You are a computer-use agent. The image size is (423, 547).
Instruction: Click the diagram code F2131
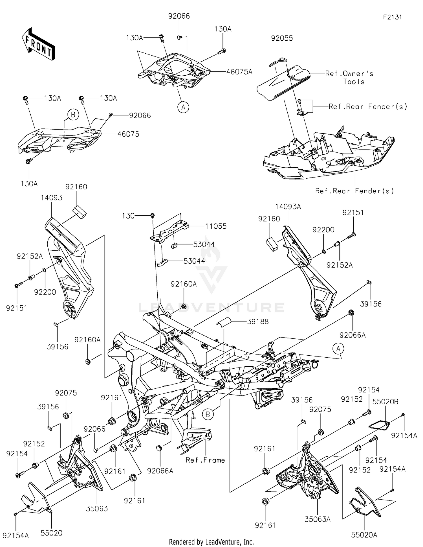(392, 17)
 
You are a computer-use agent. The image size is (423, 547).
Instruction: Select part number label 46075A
(239, 72)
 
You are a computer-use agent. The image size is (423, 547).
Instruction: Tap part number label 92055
(282, 38)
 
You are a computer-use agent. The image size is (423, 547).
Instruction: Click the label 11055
(216, 226)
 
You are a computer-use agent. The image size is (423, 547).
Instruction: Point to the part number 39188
(258, 321)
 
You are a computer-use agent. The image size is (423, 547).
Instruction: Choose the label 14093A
(288, 207)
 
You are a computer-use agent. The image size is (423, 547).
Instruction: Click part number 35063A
(317, 519)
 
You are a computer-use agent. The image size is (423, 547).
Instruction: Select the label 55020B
(385, 402)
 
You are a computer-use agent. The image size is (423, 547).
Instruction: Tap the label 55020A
(364, 535)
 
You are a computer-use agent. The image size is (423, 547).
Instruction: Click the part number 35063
(97, 508)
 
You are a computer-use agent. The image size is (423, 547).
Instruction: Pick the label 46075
(128, 134)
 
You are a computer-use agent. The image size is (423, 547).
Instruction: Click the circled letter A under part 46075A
(183, 107)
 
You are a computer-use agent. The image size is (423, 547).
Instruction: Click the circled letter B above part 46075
(73, 115)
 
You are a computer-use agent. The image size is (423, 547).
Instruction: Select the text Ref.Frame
(205, 460)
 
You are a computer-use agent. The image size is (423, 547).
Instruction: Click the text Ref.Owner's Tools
(349, 78)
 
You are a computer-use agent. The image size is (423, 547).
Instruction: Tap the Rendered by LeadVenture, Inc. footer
(211, 542)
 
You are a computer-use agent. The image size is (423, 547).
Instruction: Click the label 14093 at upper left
(51, 198)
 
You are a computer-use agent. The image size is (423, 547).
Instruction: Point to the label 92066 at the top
(179, 16)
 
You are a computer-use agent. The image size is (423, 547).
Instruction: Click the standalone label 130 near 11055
(128, 216)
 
